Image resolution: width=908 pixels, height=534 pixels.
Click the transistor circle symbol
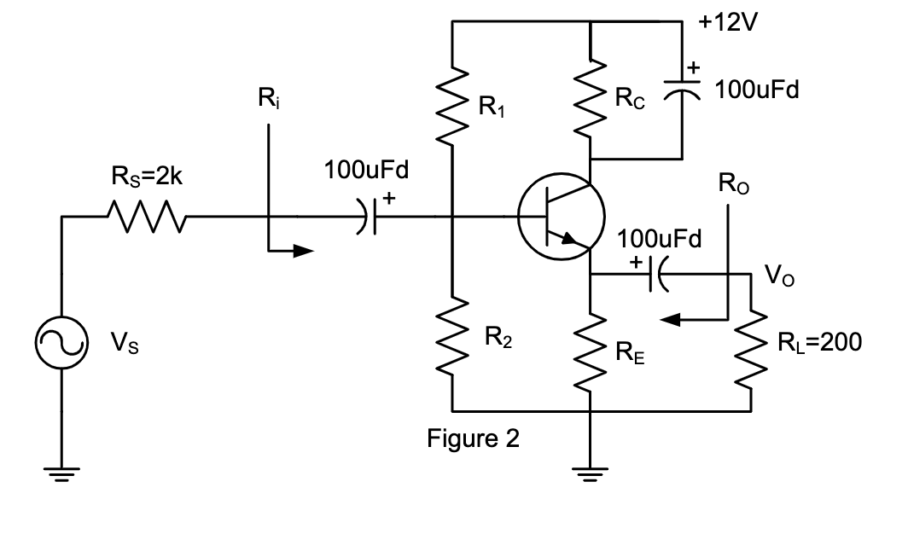[562, 217]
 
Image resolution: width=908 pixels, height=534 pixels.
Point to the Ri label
[267, 100]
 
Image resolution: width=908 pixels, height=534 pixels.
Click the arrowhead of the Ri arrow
[304, 251]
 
